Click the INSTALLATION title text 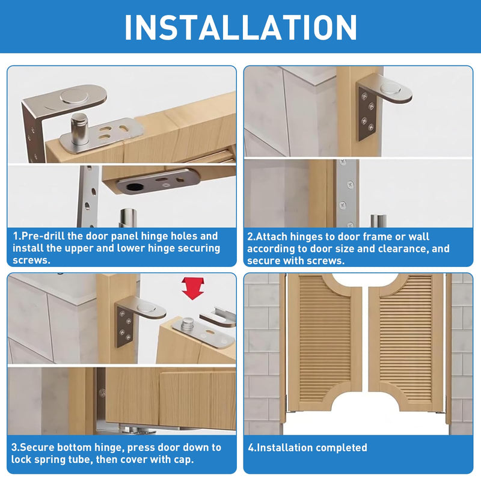(240, 27)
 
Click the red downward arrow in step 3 (192, 289)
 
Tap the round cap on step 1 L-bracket (74, 97)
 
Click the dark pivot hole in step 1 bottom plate (133, 187)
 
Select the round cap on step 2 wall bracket (390, 88)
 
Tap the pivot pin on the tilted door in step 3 (188, 323)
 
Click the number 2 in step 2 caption (250, 237)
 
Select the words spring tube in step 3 (64, 460)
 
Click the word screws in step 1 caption (31, 260)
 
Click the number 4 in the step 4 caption (251, 448)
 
